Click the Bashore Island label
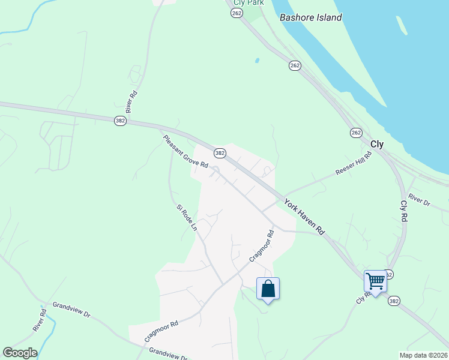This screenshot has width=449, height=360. tap(311, 17)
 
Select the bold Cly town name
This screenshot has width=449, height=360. tap(377, 144)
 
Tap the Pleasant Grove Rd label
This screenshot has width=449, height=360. tap(185, 152)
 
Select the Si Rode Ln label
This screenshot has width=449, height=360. tap(187, 217)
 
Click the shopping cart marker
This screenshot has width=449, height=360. tap(375, 280)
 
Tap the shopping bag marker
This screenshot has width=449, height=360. tap(268, 289)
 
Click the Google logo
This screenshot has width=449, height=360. tap(20, 353)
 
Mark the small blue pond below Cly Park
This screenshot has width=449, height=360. tap(257, 61)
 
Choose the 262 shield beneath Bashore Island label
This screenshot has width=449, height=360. tap(295, 65)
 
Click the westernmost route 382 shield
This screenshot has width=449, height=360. tap(120, 121)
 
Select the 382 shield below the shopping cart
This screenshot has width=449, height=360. tap(394, 300)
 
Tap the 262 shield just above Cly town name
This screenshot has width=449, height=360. tap(356, 132)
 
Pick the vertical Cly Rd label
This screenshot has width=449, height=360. tap(404, 212)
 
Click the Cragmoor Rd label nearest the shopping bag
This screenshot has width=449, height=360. tap(262, 247)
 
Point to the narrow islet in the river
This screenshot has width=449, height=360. tap(400, 25)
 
